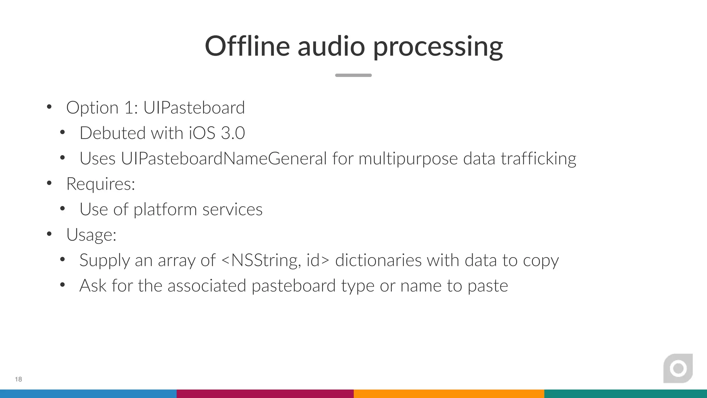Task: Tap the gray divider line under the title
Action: pos(353,75)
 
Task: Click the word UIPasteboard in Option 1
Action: pos(194,107)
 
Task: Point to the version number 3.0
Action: pos(233,133)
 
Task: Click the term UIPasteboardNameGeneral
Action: pos(224,159)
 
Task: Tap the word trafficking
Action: pos(539,159)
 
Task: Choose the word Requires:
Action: pos(100,184)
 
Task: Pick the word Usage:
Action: pos(91,235)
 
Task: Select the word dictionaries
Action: pos(378,260)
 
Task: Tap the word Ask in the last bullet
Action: pos(93,286)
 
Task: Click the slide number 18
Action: pos(18,379)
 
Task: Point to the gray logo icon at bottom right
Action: pos(678,368)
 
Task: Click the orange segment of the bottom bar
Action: pos(449,394)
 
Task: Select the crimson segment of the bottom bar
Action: pos(265,394)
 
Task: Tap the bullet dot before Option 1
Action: pos(49,107)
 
